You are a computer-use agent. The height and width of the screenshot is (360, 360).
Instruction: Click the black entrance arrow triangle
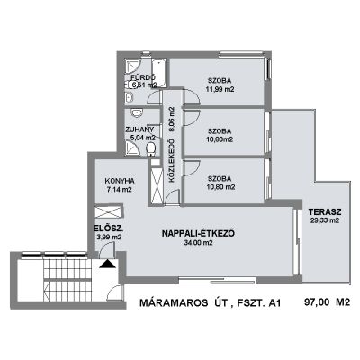pos(107,264)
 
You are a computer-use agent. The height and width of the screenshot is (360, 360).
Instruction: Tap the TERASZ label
pos(325,212)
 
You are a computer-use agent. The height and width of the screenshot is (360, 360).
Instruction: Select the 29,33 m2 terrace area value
pos(325,220)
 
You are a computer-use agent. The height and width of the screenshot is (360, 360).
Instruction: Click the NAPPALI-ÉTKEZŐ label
pos(198,234)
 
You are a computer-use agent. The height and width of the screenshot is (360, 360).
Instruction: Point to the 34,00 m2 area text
pos(198,243)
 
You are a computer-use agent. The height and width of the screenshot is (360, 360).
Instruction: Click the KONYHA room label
pos(120,181)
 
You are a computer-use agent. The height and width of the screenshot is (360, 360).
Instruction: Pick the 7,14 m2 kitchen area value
pos(120,190)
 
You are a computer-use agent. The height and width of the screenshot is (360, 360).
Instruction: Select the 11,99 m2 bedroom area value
pos(220,89)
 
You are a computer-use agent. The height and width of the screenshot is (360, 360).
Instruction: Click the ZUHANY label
pos(139,130)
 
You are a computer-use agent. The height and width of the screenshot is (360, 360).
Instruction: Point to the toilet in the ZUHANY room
pos(151,149)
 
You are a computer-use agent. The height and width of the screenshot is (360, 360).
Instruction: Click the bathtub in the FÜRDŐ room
pos(159,73)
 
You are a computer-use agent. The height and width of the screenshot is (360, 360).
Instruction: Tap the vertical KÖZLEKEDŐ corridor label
pos(172,160)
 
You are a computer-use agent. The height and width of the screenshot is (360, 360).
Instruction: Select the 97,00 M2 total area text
pos(328,301)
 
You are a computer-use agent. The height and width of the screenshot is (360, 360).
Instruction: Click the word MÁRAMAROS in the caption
pos(174,303)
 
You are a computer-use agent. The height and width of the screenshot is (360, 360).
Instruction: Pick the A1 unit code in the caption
pos(274,303)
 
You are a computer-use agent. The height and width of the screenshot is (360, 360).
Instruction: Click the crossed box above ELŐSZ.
pos(109,211)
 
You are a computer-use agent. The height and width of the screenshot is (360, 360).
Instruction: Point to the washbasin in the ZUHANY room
pos(137,113)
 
